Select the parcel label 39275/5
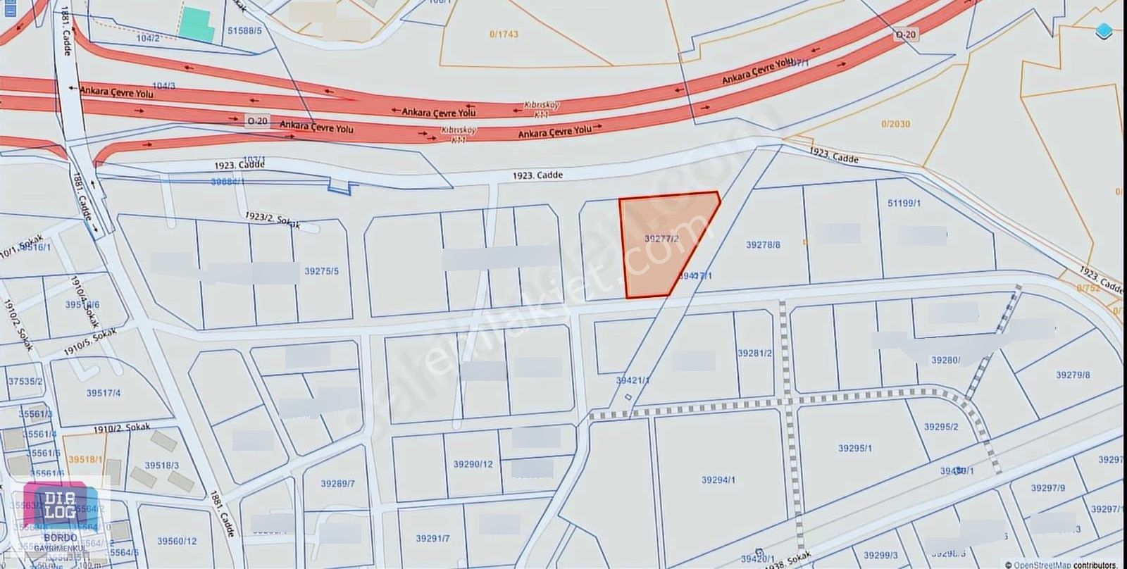pyautogui.click(x=322, y=271)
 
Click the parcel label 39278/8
pyautogui.click(x=763, y=245)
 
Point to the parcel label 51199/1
pyautogui.click(x=904, y=204)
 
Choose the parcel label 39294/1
pyautogui.click(x=718, y=480)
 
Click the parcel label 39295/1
pyautogui.click(x=855, y=448)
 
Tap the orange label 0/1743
pyautogui.click(x=504, y=34)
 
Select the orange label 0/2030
pyautogui.click(x=895, y=124)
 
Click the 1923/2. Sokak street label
pyautogui.click(x=273, y=220)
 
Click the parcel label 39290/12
pyautogui.click(x=473, y=464)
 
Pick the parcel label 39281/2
pyautogui.click(x=754, y=353)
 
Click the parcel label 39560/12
pyautogui.click(x=177, y=541)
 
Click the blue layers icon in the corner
pyautogui.click(x=1104, y=30)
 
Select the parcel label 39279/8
pyautogui.click(x=1073, y=375)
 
